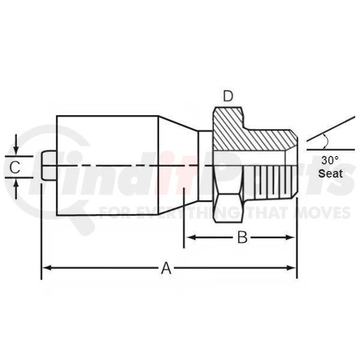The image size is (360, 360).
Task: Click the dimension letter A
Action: point(166,268)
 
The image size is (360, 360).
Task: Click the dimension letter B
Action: point(242,237)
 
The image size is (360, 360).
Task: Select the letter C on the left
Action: point(15,167)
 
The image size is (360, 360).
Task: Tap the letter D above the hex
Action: point(228,96)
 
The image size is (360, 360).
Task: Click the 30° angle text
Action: point(329,160)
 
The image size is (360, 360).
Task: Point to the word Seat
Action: point(331,173)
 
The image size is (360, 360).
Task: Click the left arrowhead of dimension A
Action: point(47,268)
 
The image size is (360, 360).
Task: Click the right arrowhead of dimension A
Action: point(291,268)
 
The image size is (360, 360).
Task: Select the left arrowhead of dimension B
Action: point(190,238)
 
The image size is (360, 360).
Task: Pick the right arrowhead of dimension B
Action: point(290,238)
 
